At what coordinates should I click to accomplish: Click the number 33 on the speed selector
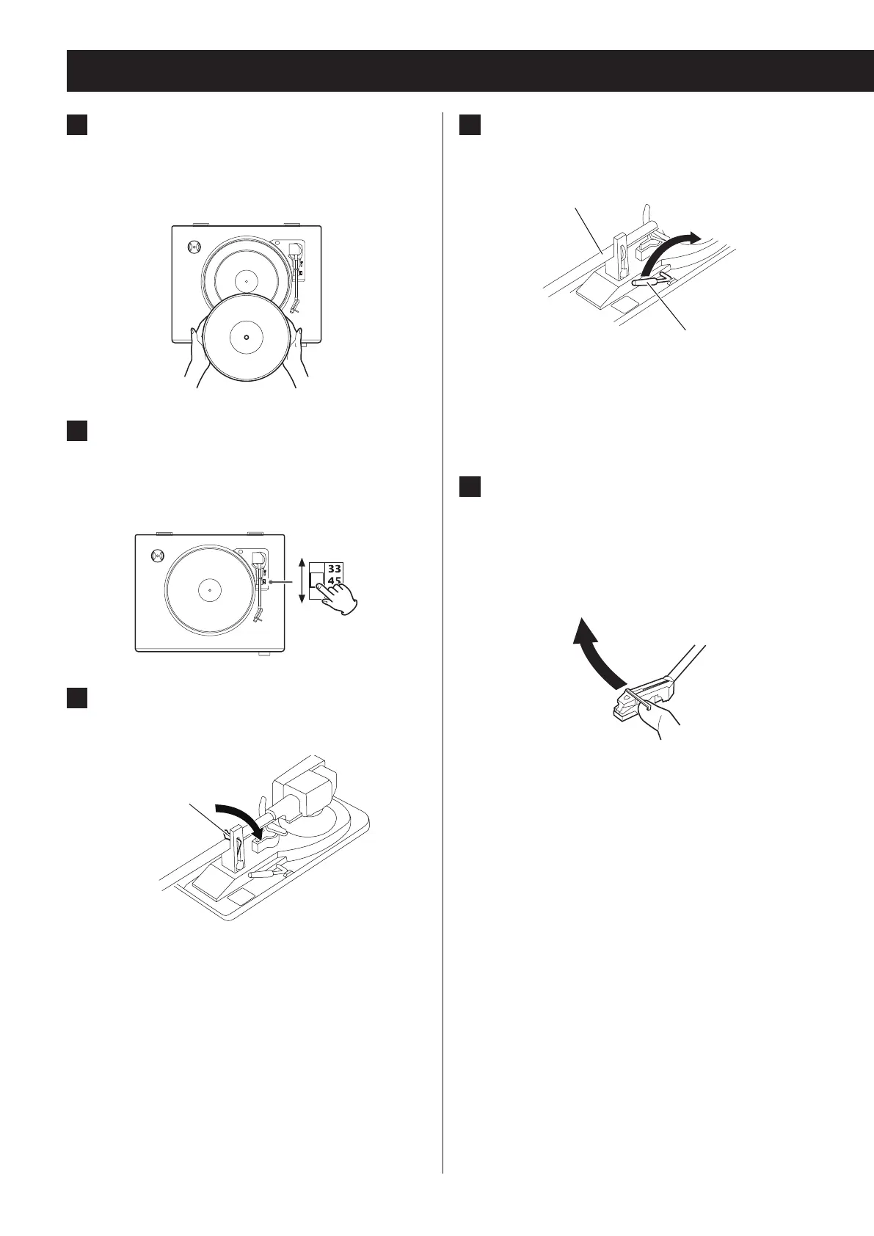pyautogui.click(x=335, y=568)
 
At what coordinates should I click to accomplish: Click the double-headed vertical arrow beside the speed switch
pyautogui.click(x=302, y=581)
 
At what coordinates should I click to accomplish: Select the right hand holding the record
pyautogui.click(x=298, y=356)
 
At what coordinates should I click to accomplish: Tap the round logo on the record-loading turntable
pyautogui.click(x=194, y=247)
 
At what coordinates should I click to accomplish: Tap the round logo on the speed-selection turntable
pyautogui.click(x=156, y=556)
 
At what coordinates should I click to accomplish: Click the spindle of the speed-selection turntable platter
pyautogui.click(x=210, y=589)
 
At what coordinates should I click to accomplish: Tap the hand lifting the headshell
pyautogui.click(x=661, y=719)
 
